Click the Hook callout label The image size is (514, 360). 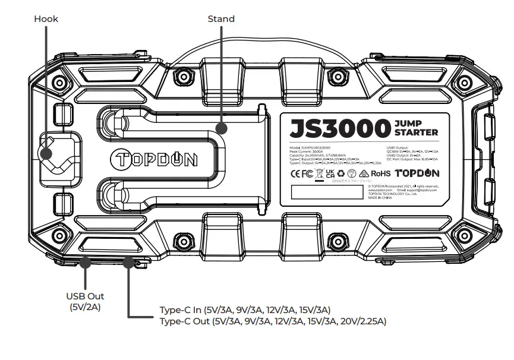coord(46,19)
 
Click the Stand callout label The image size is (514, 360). coord(220,19)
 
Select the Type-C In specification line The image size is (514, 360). coord(245,310)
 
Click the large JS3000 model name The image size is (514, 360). coord(338,128)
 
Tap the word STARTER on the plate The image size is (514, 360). coord(416,132)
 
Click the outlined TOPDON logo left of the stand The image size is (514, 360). coord(154,160)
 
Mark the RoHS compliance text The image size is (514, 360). coord(381,174)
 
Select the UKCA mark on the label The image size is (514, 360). coord(328,174)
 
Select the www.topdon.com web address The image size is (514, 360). coord(380,190)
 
